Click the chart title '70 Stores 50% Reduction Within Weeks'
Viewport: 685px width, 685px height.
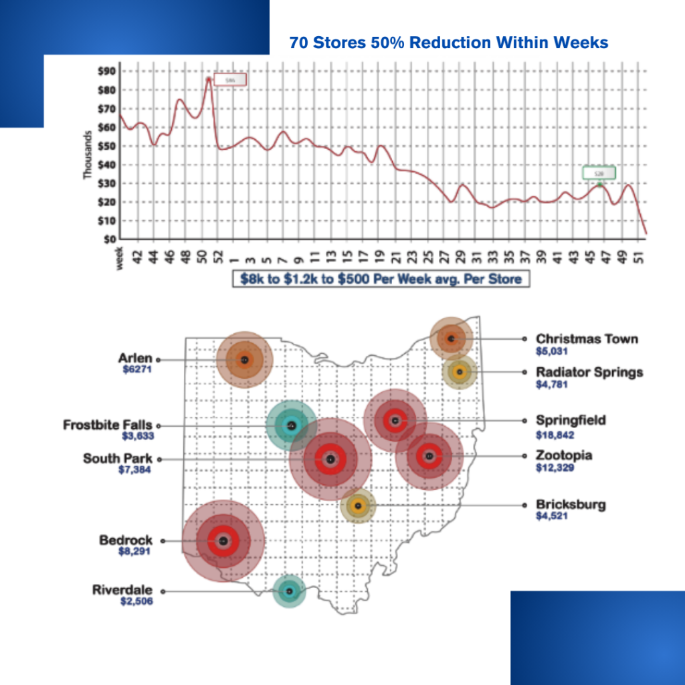click(449, 43)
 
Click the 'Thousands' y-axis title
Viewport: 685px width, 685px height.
click(88, 155)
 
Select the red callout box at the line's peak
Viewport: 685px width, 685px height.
click(230, 80)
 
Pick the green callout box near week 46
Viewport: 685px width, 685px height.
click(599, 173)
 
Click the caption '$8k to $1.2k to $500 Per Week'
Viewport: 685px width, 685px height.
click(381, 278)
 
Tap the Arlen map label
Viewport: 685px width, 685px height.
click(135, 359)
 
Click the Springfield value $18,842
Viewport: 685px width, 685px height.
click(555, 435)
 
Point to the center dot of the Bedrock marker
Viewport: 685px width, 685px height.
click(223, 541)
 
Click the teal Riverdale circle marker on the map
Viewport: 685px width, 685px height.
click(289, 591)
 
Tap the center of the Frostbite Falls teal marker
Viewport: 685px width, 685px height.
click(291, 425)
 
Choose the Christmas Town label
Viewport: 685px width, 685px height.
click(587, 338)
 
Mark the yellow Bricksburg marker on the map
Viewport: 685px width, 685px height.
click(358, 506)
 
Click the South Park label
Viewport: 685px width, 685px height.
click(117, 458)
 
